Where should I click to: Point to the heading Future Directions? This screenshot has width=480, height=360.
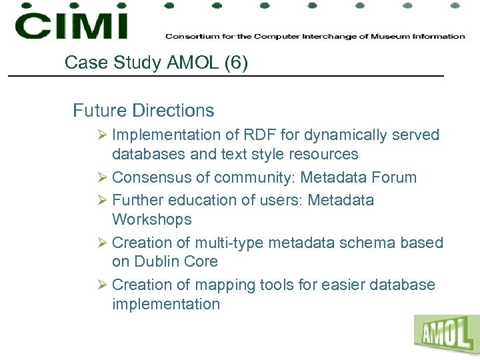[x=143, y=110]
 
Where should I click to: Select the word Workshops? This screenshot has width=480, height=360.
[x=151, y=219]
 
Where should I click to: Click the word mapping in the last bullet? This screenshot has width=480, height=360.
[x=224, y=285]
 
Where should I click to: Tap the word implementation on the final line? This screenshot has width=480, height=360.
[x=166, y=304]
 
